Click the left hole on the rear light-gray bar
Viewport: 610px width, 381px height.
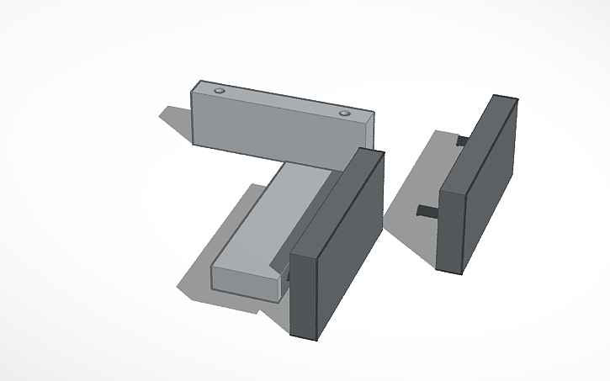click(220, 89)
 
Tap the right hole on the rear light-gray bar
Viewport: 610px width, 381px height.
click(344, 113)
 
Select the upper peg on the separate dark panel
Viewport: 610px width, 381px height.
click(461, 140)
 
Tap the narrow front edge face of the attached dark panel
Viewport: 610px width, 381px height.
click(302, 294)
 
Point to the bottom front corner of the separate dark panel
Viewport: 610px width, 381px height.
click(463, 273)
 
